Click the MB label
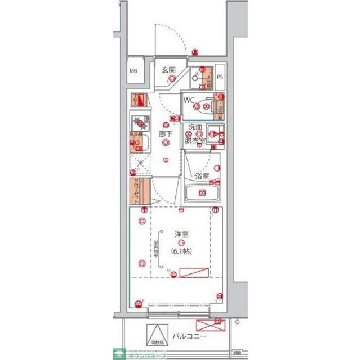pyautogui.click(x=133, y=71)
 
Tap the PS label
pyautogui.click(x=220, y=78)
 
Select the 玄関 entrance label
pyautogui.click(x=169, y=70)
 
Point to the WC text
pyautogui.click(x=189, y=100)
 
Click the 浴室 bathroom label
pyautogui.click(x=202, y=176)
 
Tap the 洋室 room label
pyautogui.click(x=181, y=233)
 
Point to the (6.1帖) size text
pyautogui.click(x=181, y=251)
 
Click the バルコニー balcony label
pyautogui.click(x=190, y=336)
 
